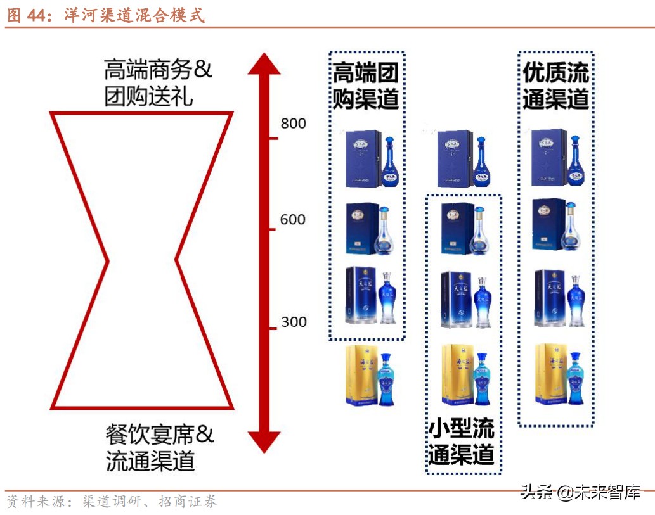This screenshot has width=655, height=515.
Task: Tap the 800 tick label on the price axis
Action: (293, 124)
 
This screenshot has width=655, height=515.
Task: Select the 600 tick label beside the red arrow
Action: (293, 220)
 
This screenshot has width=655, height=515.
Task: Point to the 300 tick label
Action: (293, 322)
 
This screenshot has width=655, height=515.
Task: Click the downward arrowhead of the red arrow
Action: (264, 441)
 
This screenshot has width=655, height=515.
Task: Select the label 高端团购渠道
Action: (366, 87)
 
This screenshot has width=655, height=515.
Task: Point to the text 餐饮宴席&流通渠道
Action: (159, 447)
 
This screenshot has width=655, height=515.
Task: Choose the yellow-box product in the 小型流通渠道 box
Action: (464, 375)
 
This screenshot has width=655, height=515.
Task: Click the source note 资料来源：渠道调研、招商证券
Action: (112, 502)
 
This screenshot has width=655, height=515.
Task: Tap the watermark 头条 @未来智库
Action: (580, 492)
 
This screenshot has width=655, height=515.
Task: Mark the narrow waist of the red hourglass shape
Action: (142, 260)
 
